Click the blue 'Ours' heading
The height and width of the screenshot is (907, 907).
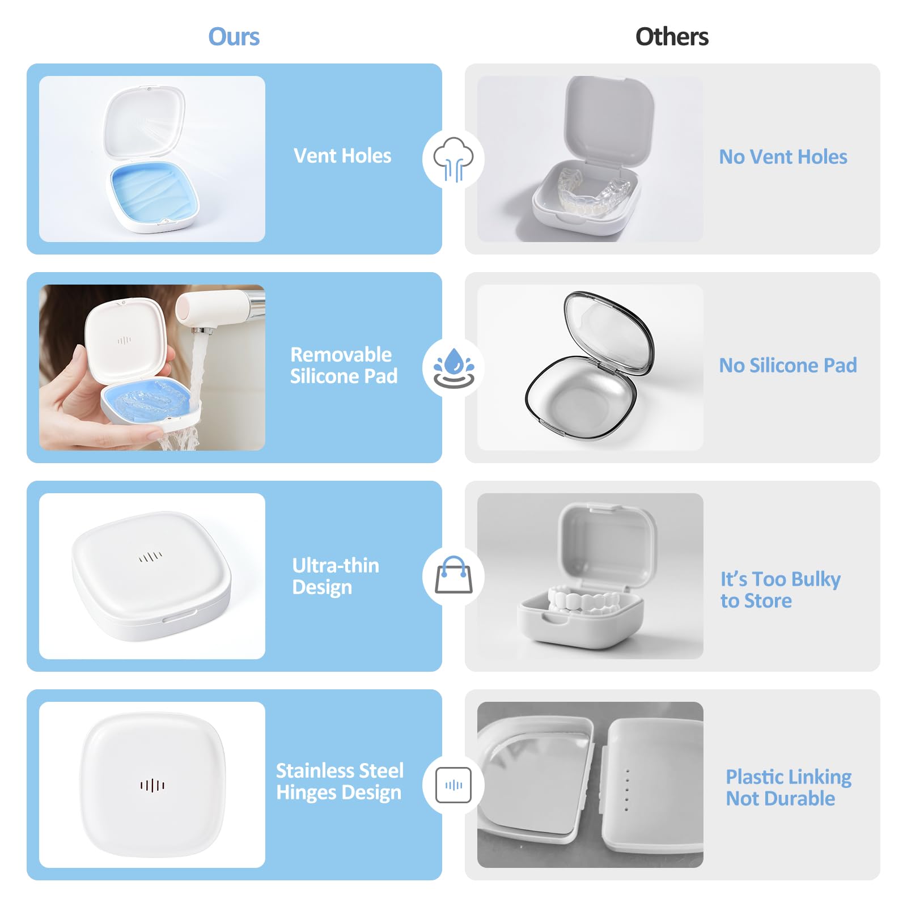[234, 37]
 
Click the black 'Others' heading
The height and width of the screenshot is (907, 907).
[672, 37]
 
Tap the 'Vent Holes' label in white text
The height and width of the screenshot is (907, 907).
[342, 156]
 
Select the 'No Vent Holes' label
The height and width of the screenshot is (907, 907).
[783, 157]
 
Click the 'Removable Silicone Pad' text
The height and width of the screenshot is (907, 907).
[344, 365]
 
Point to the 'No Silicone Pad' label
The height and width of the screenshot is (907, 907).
[788, 366]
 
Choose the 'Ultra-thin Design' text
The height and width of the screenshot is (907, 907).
[336, 576]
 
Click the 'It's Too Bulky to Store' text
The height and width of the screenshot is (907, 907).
[780, 590]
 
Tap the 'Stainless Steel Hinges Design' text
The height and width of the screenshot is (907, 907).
[340, 782]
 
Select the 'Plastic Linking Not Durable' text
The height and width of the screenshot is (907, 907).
[789, 787]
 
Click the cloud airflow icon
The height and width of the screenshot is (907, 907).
[453, 159]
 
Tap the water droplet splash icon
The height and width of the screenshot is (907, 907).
[453, 368]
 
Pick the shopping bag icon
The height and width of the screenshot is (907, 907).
[453, 575]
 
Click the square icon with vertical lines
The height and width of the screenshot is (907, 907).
[453, 785]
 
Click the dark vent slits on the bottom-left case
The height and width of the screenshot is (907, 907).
[152, 785]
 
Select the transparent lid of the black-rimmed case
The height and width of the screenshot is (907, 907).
[609, 332]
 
